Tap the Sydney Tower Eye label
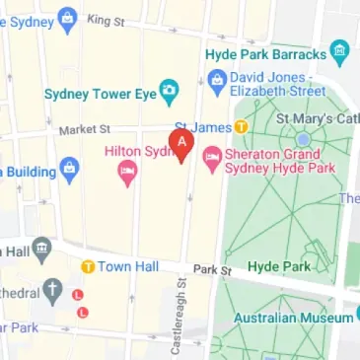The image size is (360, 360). click(x=102, y=95)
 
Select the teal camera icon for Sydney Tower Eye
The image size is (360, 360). click(x=170, y=95)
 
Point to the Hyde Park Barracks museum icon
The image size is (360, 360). click(x=340, y=52)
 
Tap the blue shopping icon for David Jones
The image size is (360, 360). click(x=216, y=79)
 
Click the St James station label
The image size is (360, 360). click(x=208, y=127)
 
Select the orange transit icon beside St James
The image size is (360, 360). click(x=240, y=127)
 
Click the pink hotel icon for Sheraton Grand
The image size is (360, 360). click(x=211, y=156)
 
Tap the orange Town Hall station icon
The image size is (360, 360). click(x=87, y=265)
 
